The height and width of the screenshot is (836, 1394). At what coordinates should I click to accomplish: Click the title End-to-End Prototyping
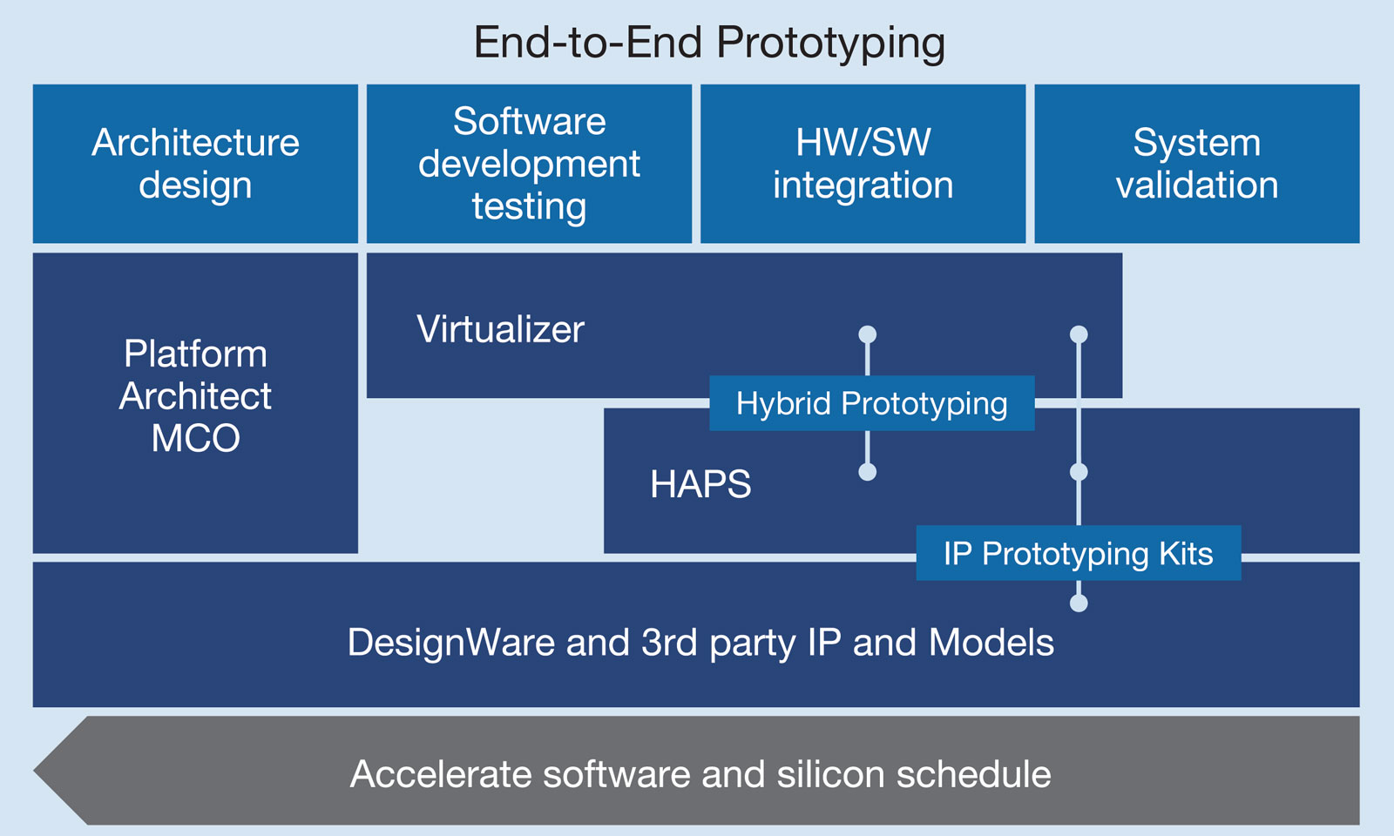pos(709,44)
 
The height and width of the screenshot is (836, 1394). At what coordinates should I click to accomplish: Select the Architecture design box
pos(195,164)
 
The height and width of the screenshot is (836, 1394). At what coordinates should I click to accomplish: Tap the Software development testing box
pos(529,164)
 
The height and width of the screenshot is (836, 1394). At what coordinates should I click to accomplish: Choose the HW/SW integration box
pos(863,164)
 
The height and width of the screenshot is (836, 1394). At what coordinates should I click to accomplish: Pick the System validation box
pos(1197,164)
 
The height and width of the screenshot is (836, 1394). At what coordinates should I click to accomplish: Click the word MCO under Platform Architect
pos(195,438)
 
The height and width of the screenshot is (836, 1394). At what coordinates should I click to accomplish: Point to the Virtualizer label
pos(500,329)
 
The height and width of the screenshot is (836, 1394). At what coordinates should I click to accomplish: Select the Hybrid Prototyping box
pos(872,403)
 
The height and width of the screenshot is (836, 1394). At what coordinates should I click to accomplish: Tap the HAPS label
pos(700,484)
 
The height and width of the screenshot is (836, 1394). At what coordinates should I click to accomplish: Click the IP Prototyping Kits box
pos(1079,553)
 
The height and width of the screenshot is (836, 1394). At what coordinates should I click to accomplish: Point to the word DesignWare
pos(451,643)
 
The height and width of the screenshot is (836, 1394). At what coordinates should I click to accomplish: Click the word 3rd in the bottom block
pos(669,643)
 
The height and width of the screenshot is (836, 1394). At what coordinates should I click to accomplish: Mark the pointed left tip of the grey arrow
pos(34,770)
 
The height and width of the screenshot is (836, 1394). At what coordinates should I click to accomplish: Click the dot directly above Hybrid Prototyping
pos(868,334)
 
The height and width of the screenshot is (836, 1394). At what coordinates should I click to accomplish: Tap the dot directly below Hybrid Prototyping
pos(868,471)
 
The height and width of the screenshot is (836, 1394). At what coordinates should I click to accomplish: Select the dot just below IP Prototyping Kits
pos(1079,603)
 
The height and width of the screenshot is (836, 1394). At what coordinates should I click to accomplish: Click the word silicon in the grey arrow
pos(831,774)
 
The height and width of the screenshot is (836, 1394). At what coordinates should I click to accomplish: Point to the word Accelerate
pos(441,774)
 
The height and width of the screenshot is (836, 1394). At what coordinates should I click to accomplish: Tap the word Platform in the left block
pos(195,354)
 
